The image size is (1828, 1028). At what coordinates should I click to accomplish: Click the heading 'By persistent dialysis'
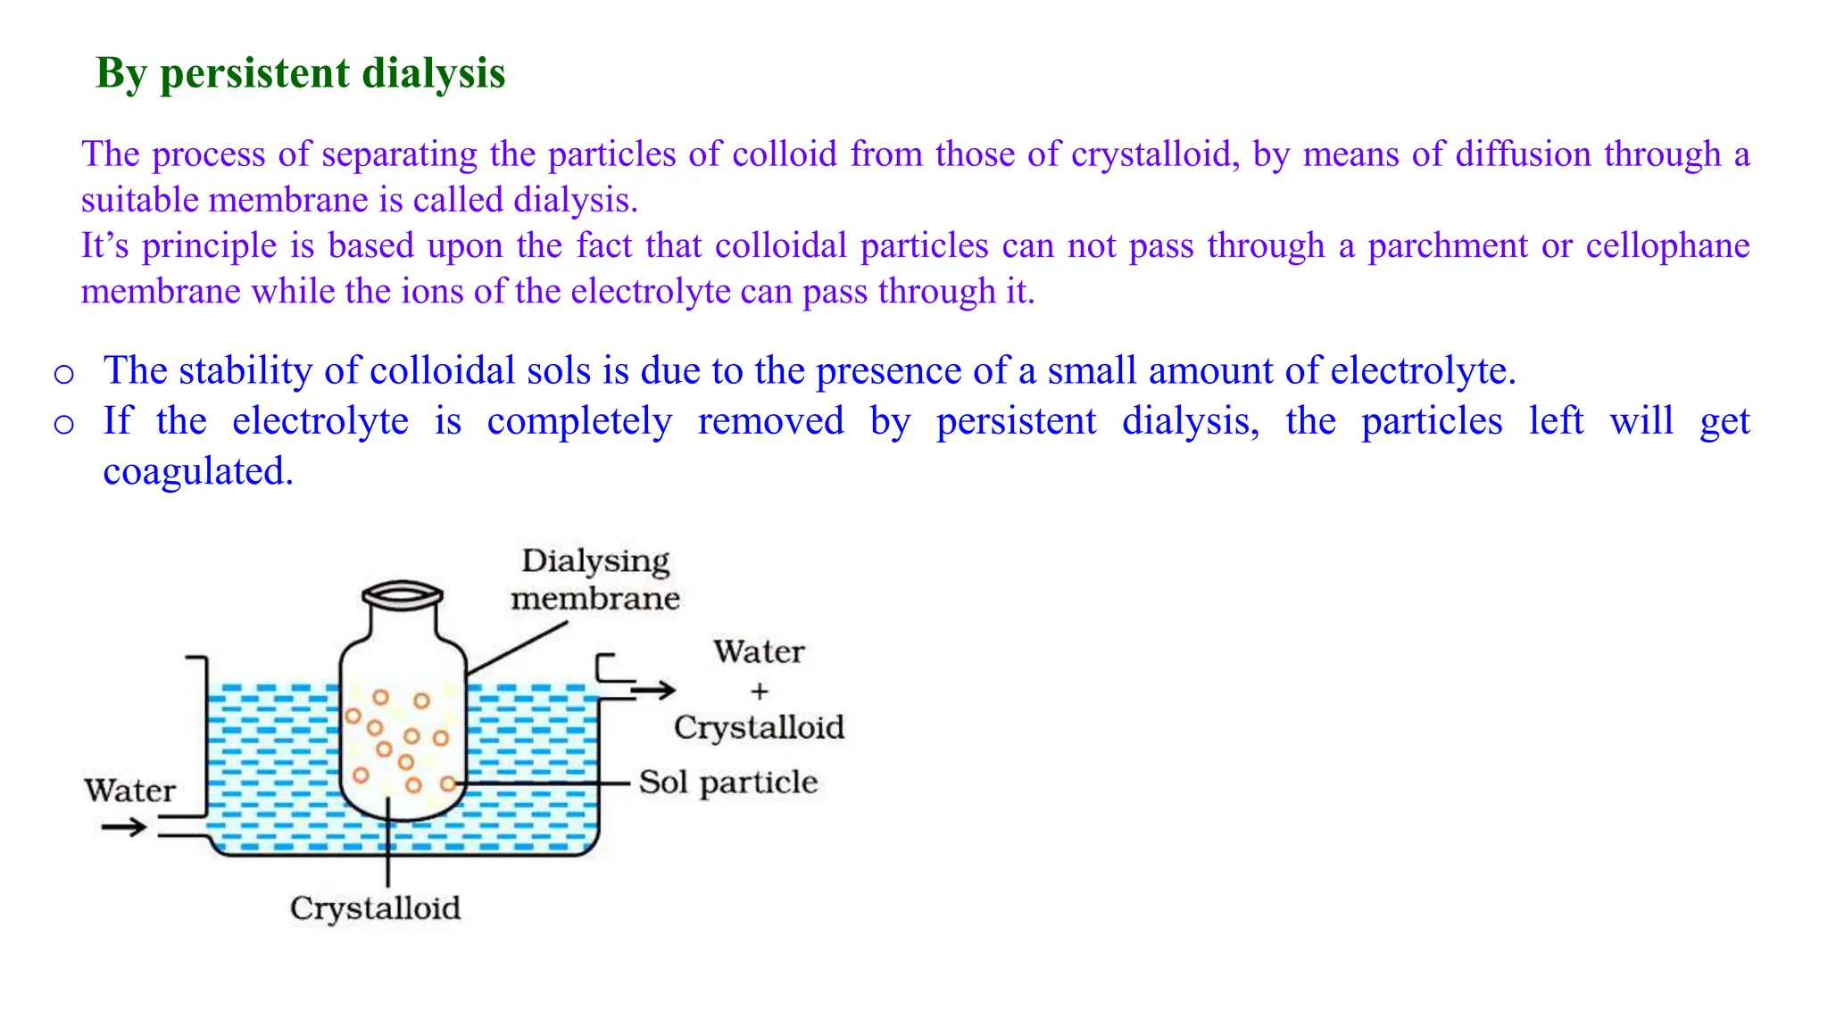click(300, 73)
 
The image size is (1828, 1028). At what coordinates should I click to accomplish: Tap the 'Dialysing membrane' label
click(595, 579)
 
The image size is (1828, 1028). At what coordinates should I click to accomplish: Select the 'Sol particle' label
click(728, 783)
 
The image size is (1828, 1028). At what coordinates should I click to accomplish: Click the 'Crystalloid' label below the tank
click(375, 908)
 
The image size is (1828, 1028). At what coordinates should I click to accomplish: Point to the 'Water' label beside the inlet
click(130, 791)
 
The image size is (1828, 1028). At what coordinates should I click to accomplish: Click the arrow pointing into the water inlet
click(123, 828)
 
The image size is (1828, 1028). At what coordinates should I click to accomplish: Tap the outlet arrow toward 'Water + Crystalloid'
click(653, 690)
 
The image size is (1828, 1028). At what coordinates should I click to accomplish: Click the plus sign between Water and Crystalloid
click(759, 691)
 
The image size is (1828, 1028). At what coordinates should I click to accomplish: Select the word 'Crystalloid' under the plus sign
click(759, 727)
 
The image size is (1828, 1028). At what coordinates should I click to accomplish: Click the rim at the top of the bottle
click(403, 593)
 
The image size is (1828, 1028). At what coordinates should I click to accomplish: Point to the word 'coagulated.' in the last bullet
click(198, 471)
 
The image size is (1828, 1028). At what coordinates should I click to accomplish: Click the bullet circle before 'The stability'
click(63, 373)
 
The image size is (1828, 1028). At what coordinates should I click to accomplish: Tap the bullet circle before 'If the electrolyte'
click(63, 424)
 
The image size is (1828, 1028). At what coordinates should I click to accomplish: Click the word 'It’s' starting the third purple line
click(105, 246)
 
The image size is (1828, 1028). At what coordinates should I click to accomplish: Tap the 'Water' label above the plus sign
click(759, 652)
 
